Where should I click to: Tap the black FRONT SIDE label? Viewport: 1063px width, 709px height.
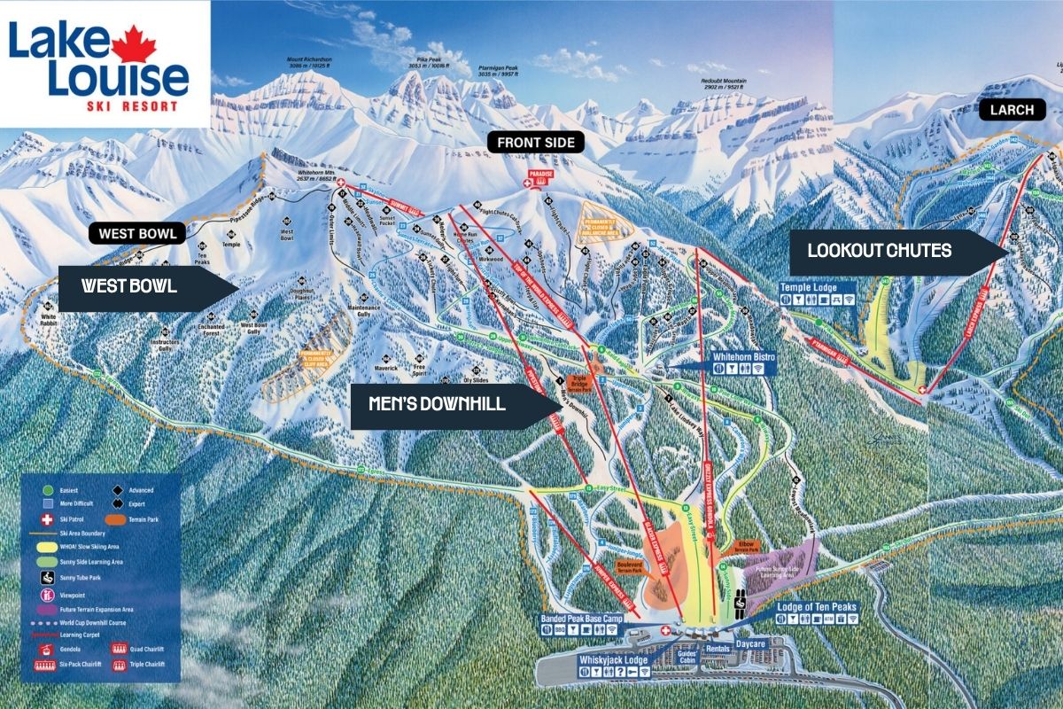535,142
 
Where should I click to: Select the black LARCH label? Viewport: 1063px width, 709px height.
1012,110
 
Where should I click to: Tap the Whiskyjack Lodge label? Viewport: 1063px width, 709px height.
613,660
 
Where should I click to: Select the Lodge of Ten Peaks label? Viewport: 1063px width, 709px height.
816,607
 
